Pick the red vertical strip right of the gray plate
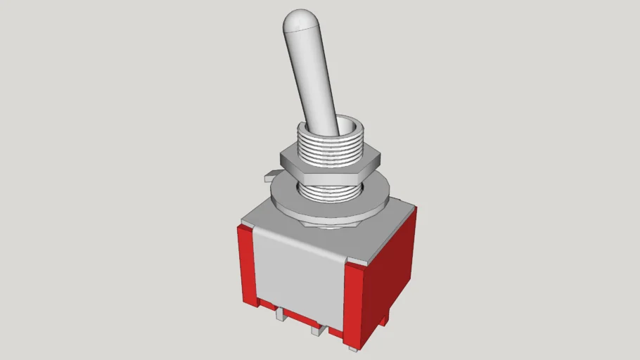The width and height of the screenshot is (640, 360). pyautogui.click(x=356, y=302)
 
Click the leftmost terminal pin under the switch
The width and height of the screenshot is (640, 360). pyautogui.click(x=281, y=314)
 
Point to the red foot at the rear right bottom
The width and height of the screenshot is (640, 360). pyautogui.click(x=384, y=319)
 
